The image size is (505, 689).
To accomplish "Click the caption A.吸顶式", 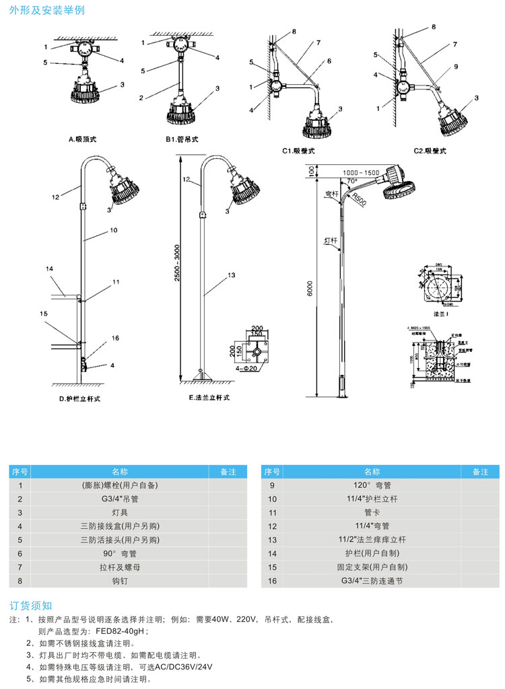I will click(x=84, y=140).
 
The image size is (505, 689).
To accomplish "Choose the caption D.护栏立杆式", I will click(x=79, y=399).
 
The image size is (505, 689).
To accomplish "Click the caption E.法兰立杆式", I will click(x=209, y=398).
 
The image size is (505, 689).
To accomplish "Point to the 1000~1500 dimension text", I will click(x=361, y=173).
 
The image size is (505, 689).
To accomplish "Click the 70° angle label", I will click(x=351, y=181).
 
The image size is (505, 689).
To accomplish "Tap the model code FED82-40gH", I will click(x=122, y=631).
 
